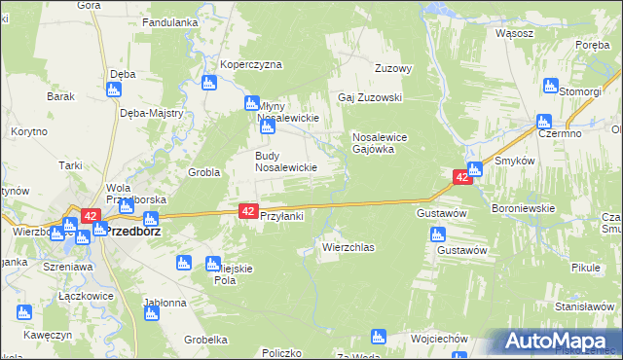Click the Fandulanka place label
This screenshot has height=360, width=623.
click(170, 21)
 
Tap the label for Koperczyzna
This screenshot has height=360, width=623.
click(250, 65)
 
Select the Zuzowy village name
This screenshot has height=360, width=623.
click(395, 69)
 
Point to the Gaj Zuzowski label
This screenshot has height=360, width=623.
click(370, 98)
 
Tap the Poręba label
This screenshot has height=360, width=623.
click(592, 44)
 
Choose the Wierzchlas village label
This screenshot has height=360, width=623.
click(348, 248)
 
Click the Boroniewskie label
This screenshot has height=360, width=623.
click(523, 207)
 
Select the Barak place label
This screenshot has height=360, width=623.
click(60, 97)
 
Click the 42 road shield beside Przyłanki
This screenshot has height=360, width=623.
click(247, 210)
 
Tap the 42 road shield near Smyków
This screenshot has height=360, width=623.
click(461, 177)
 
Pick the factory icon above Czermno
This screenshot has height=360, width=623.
click(543, 123)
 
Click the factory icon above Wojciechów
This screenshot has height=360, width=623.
click(379, 337)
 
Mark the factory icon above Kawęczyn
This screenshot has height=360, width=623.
click(23, 313)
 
